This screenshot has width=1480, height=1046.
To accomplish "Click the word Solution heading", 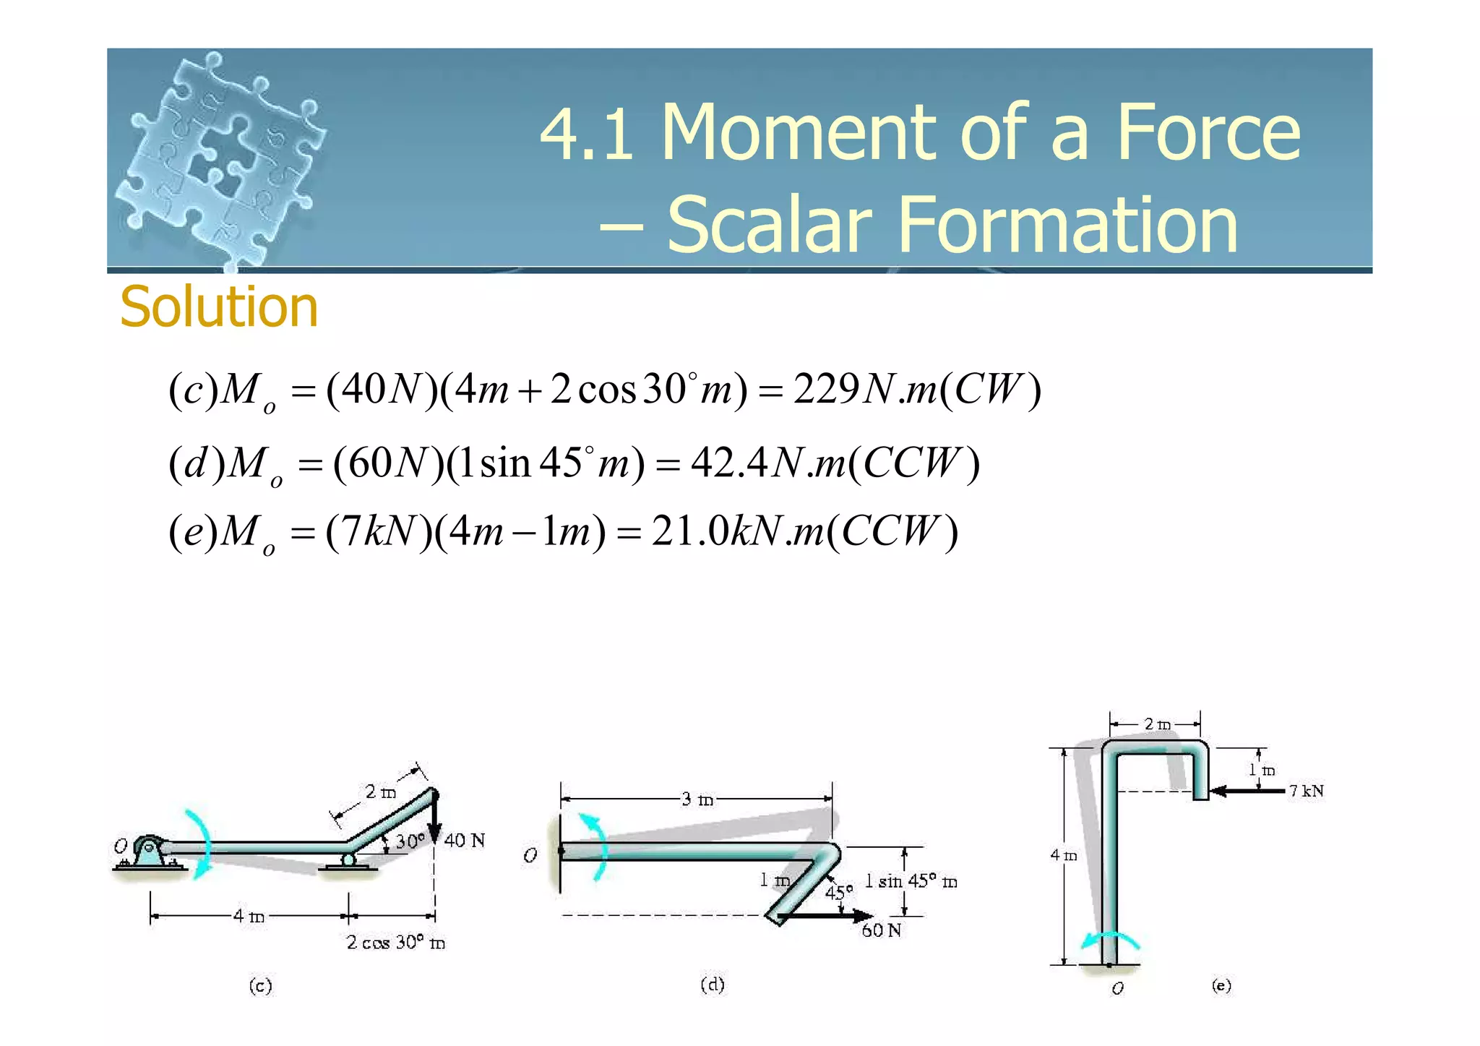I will pos(218,306).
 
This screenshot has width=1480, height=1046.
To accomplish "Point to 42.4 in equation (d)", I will pos(728,462).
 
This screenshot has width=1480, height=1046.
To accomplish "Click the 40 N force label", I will pos(464,840).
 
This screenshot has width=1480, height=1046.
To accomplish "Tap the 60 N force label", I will pos(881,930).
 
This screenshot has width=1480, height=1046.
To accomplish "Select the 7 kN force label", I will pos(1306,791).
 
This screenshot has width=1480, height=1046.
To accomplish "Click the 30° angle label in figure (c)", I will pos(409,841).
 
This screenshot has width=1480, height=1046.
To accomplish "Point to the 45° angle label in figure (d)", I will pos(838,892).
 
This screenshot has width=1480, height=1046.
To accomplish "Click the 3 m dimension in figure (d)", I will pos(697,799).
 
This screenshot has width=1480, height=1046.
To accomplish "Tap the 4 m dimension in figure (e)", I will pos(1063,855).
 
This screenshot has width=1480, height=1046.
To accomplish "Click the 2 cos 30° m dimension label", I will pos(395,943).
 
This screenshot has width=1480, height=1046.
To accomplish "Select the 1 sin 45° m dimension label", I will pos(911,881).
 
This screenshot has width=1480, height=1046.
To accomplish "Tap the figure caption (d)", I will pos(713,985).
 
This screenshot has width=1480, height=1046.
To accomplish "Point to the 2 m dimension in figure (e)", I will pos(1157,724).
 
